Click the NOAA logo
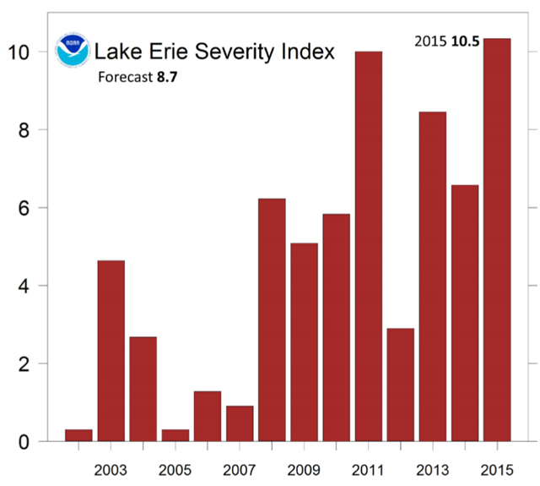click(x=71, y=52)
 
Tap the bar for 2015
click(x=497, y=240)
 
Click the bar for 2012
click(x=400, y=385)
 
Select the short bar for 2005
click(x=175, y=435)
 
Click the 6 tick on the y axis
click(x=23, y=209)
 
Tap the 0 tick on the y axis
click(x=23, y=442)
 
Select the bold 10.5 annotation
click(x=466, y=41)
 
